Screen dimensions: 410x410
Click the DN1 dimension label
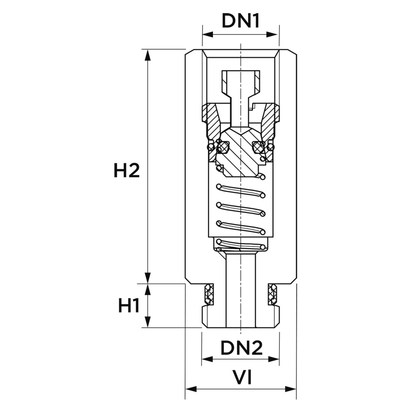[241, 21]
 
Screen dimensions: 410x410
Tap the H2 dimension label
[127, 170]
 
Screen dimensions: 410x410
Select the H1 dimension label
[129, 306]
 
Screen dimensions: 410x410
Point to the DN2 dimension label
[241, 348]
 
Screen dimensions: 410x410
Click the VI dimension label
[242, 378]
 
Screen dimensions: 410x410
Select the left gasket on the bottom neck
[209, 294]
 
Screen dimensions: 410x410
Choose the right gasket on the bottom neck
[273, 294]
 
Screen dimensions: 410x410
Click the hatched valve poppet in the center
[241, 154]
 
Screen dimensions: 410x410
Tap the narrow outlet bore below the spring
[241, 289]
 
